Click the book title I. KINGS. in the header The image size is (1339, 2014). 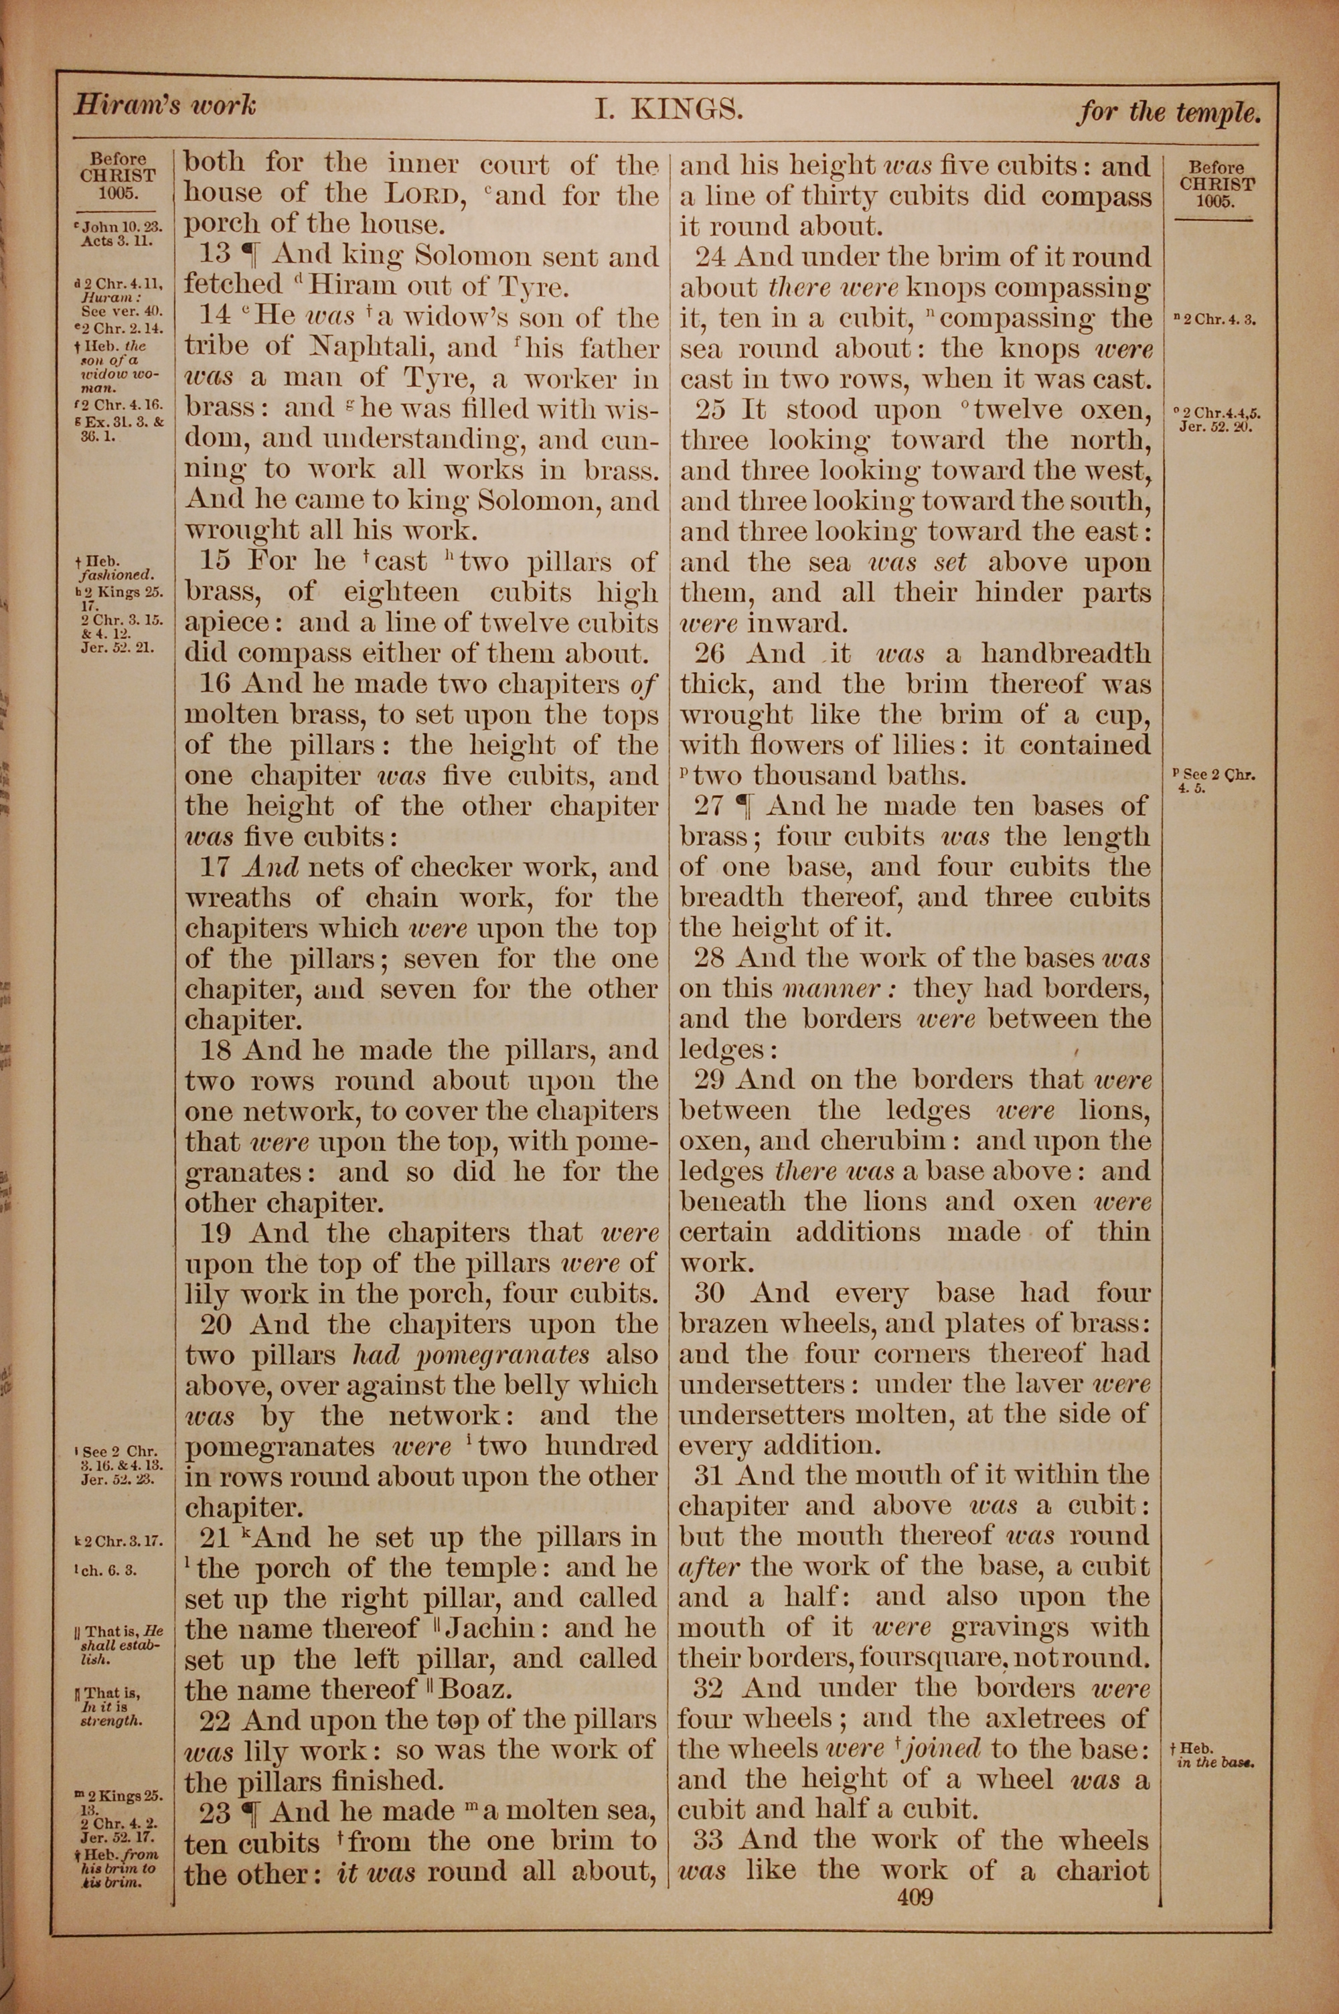669,110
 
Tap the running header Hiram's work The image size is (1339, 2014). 164,106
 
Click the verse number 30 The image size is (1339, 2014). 709,1293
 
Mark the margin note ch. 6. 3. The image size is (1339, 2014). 106,1569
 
